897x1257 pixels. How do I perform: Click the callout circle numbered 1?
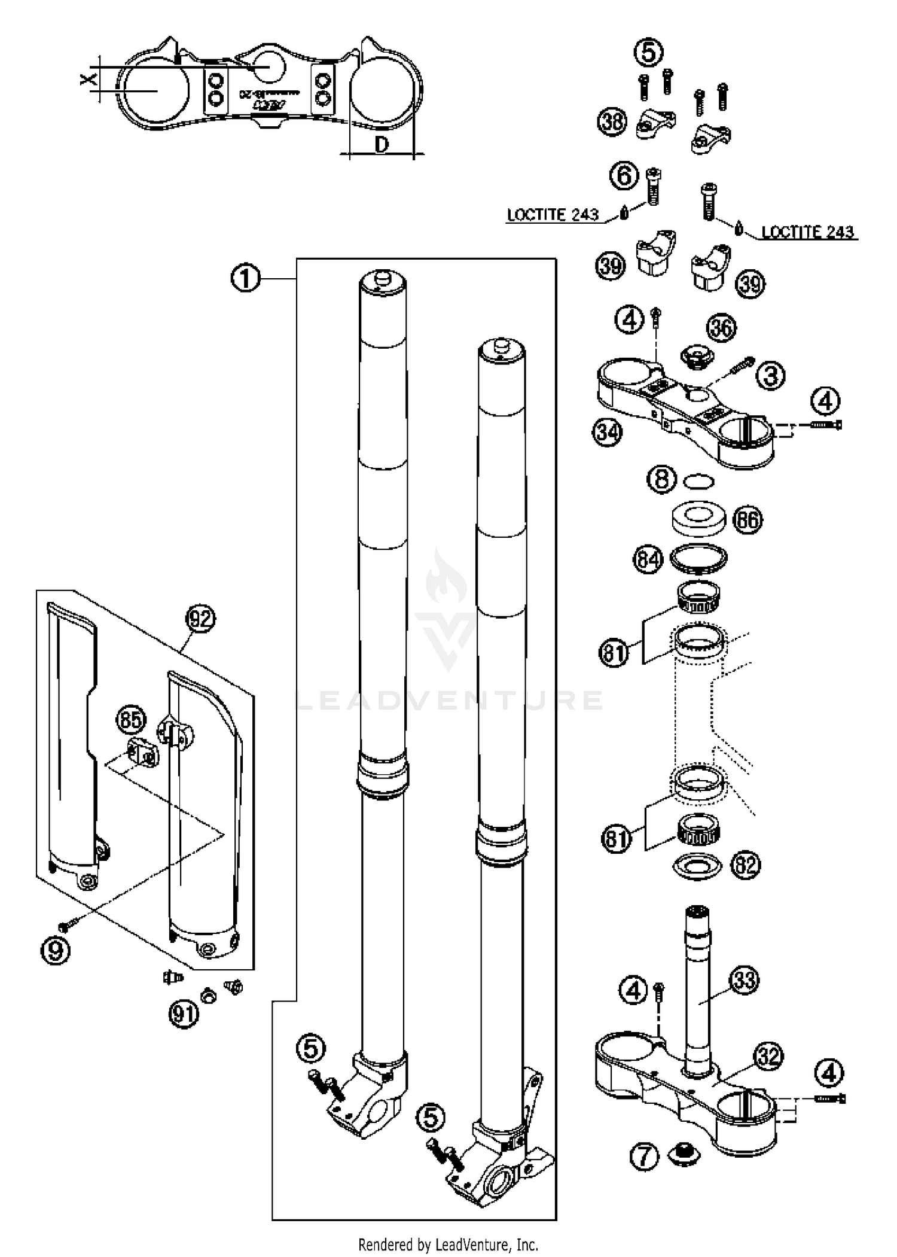pos(245,279)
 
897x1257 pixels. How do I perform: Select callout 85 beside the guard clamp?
pos(131,720)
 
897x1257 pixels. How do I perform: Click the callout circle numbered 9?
pos(55,950)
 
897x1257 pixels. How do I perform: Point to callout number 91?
pos(183,1014)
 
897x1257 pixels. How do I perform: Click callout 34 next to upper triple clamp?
pos(608,431)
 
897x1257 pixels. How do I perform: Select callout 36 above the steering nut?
pos(722,328)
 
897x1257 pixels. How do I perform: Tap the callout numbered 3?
pos(771,376)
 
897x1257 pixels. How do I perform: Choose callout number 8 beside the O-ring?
pos(662,480)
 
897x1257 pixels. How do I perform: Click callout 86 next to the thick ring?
pos(747,520)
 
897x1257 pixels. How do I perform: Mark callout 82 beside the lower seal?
pos(745,865)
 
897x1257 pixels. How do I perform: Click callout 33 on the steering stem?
pos(744,980)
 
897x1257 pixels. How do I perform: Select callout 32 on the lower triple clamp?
pos(768,1057)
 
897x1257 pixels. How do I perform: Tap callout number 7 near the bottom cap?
pos(645,1157)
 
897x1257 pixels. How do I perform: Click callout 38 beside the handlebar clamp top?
pos(612,122)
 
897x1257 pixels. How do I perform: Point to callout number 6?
pos(624,176)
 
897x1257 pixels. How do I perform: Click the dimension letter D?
pos(382,144)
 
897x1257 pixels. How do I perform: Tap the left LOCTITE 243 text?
pos(553,215)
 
